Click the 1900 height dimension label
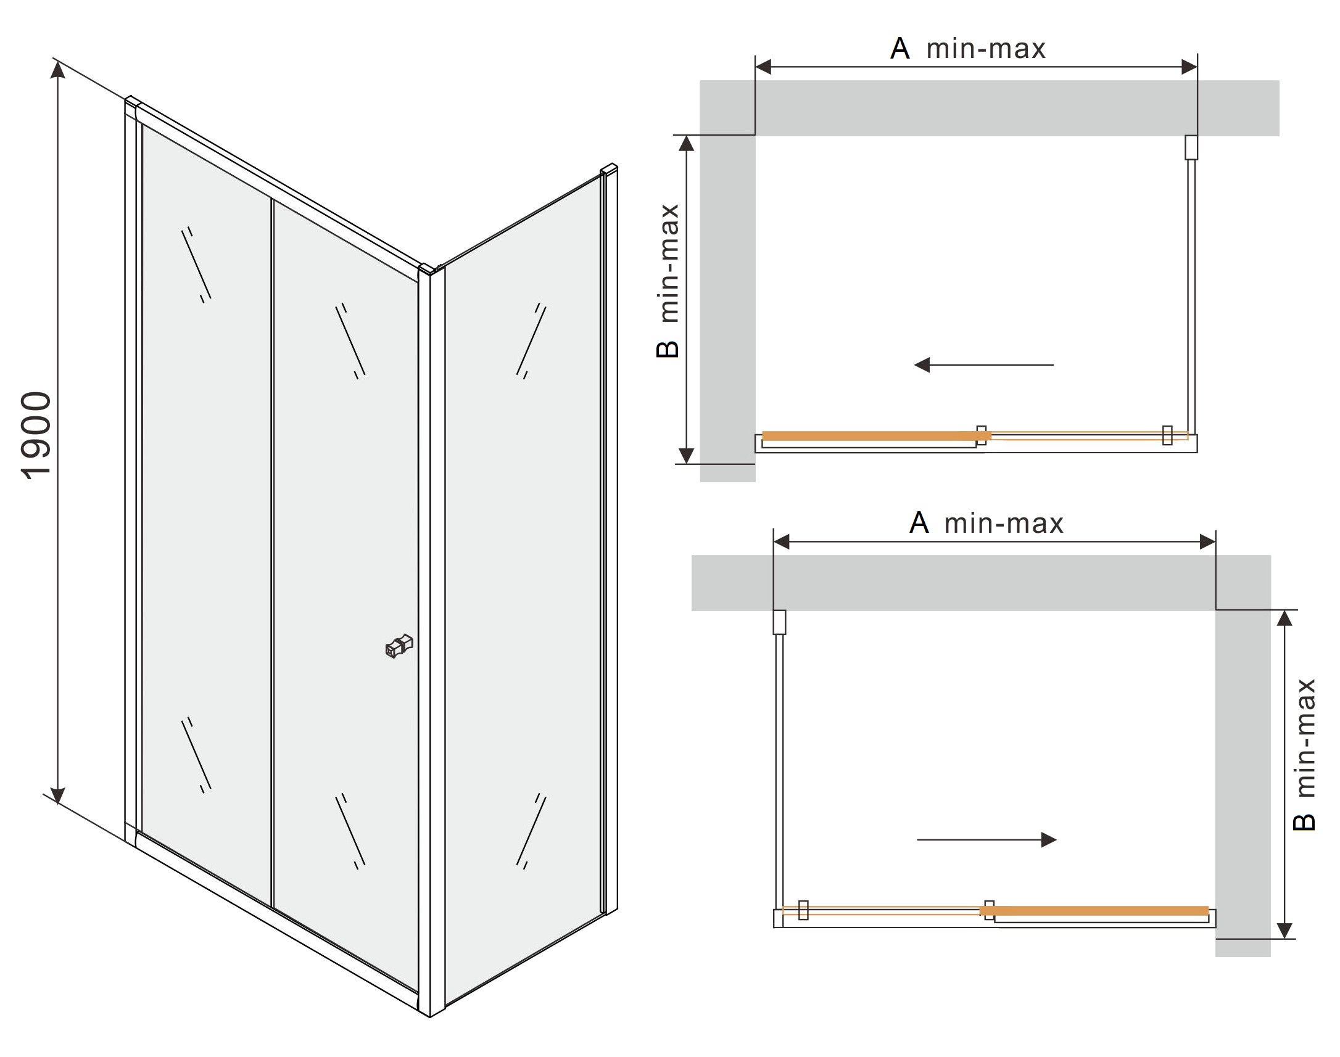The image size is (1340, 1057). (x=36, y=435)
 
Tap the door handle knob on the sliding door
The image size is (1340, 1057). (x=399, y=646)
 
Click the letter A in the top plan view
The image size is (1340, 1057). (x=900, y=48)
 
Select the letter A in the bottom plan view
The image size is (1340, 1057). (x=919, y=523)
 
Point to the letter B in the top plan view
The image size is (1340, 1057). (x=668, y=349)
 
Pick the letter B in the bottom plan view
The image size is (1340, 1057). (x=1304, y=821)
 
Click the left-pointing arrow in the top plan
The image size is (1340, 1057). (x=984, y=365)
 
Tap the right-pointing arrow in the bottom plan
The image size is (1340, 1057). (x=986, y=840)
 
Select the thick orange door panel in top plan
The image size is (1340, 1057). (x=877, y=436)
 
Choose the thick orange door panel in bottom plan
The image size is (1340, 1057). (x=1094, y=911)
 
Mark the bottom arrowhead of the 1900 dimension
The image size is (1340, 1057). (x=57, y=796)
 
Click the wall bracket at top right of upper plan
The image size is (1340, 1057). (x=1191, y=147)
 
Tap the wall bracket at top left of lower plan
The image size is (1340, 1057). (x=780, y=622)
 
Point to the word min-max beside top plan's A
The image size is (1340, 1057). (x=986, y=49)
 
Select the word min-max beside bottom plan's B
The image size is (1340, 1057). (x=1304, y=738)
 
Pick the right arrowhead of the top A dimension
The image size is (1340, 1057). (x=1189, y=67)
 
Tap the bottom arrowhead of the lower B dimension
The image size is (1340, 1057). (x=1285, y=930)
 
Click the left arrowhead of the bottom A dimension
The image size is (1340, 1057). (x=782, y=542)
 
